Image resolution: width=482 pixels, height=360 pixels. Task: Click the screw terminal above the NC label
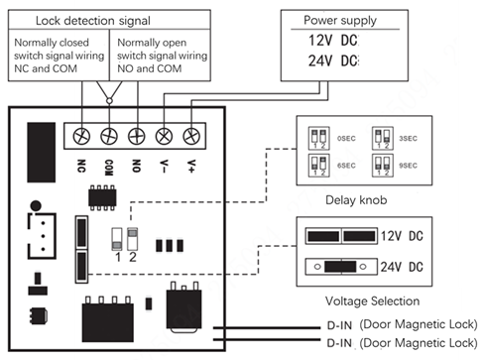tap(81, 134)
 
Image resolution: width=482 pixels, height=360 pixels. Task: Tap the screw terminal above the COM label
tap(109, 134)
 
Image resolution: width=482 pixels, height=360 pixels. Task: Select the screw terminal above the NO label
tap(136, 134)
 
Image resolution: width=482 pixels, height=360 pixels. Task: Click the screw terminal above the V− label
tap(164, 134)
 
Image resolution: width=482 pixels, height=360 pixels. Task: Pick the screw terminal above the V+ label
tap(190, 134)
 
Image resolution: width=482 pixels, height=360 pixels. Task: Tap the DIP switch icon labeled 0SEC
tap(317, 137)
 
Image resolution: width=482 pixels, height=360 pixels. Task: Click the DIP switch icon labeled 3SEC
tap(380, 137)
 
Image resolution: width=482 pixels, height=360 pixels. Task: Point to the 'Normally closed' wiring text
tap(60, 43)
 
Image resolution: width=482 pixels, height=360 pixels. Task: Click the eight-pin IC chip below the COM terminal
tap(101, 196)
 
